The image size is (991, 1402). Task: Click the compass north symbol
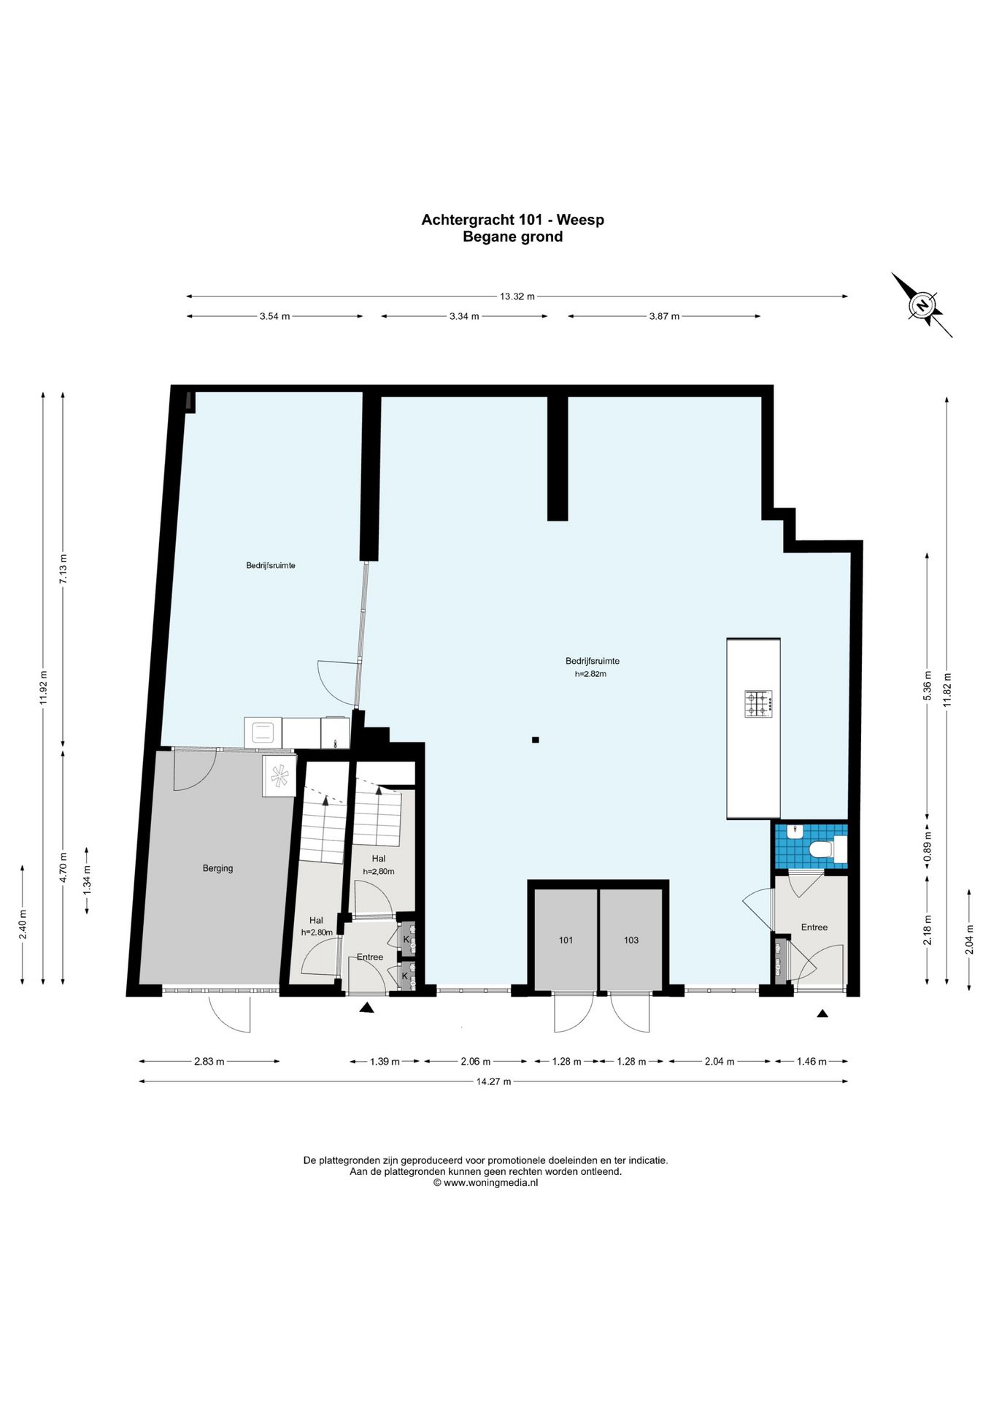(922, 305)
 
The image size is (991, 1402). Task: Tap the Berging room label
(217, 868)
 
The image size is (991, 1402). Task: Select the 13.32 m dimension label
(517, 296)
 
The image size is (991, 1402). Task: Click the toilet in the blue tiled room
(827, 849)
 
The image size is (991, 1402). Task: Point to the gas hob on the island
(758, 704)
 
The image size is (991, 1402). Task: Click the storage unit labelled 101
(566, 940)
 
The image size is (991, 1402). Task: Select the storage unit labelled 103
(631, 940)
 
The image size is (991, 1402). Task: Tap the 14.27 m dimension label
(493, 1081)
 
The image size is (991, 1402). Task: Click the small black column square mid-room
(535, 740)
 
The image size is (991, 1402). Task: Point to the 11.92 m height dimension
(43, 686)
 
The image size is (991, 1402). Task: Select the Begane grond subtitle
(513, 237)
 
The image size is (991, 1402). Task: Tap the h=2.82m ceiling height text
(590, 674)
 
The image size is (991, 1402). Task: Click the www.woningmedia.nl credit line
(485, 1183)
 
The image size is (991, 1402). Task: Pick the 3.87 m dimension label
(664, 316)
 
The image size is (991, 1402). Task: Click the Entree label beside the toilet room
(814, 927)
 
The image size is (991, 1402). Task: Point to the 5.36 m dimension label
(928, 686)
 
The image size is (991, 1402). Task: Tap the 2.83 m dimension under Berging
(209, 1062)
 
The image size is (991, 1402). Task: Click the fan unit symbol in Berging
(279, 775)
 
